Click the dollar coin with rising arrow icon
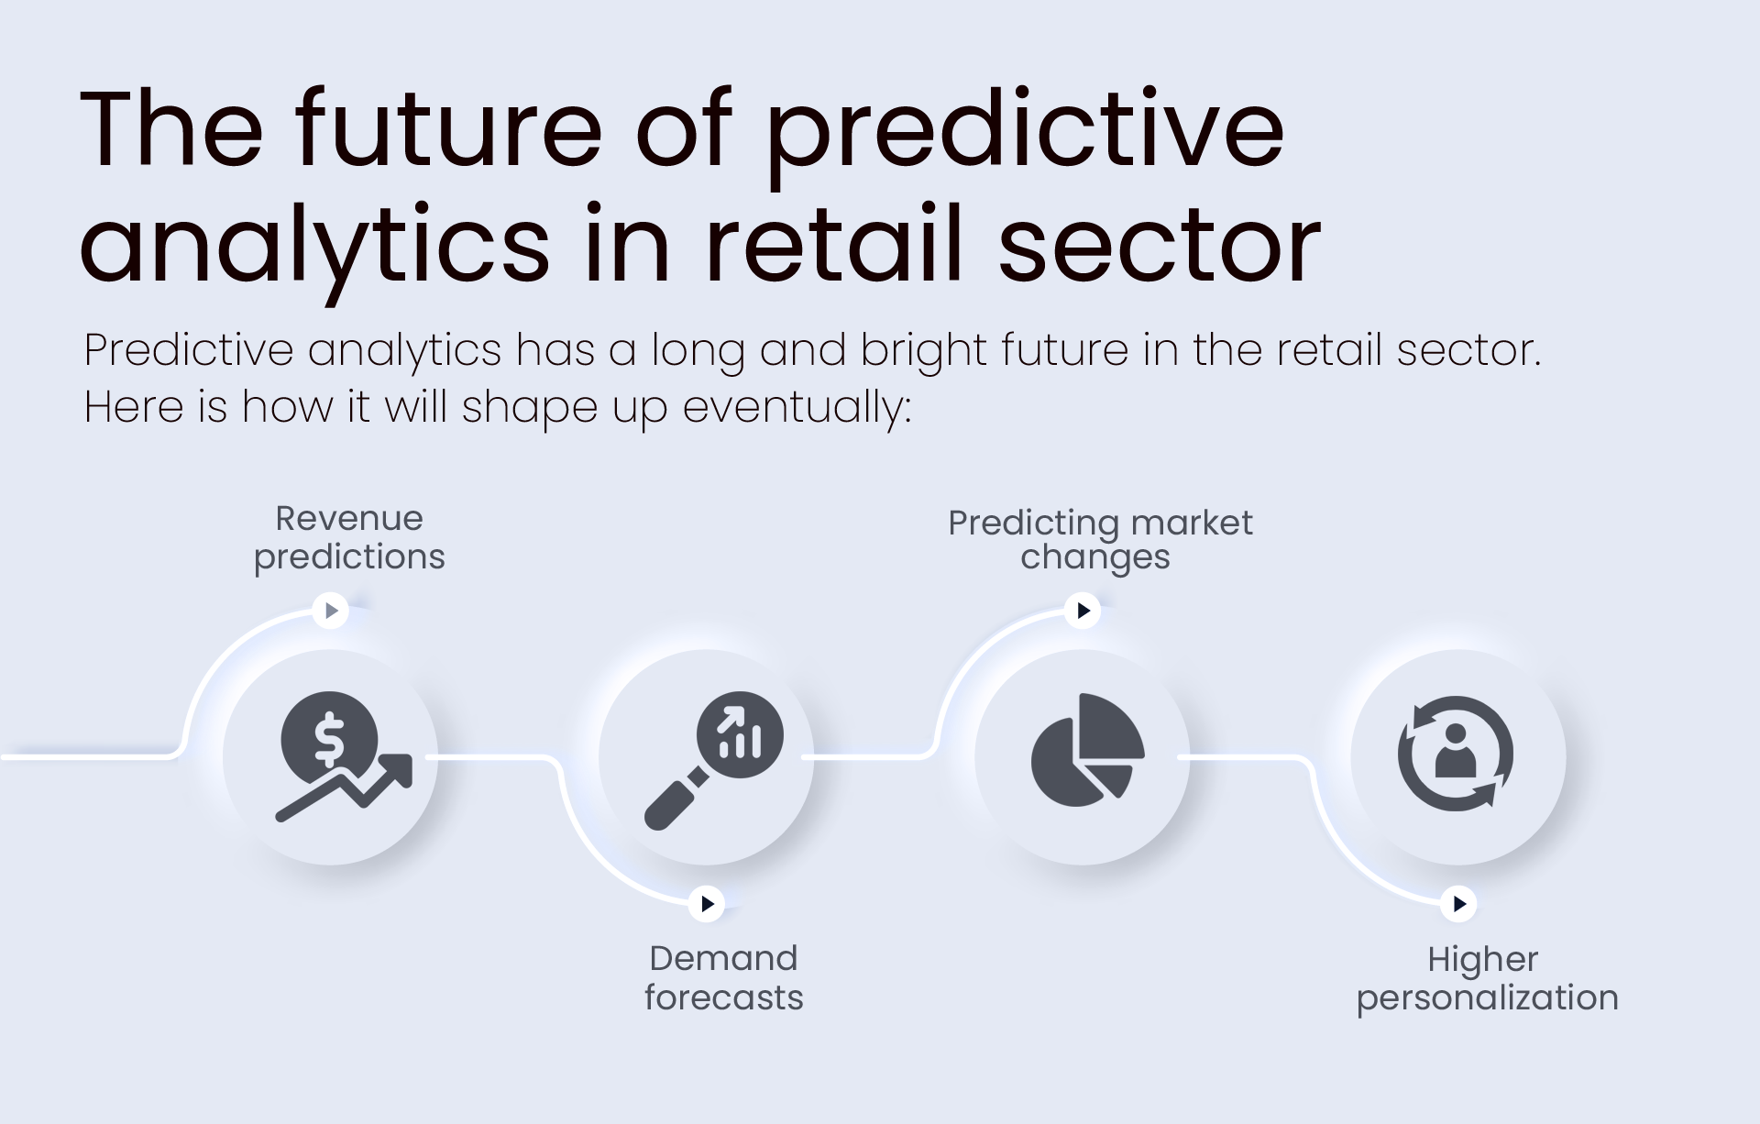pos(344,756)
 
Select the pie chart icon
pos(1088,751)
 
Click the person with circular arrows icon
pos(1456,754)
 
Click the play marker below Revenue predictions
pos(331,610)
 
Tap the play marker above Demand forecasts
pos(707,904)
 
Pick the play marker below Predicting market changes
pos(1083,610)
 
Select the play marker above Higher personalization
pos(1458,904)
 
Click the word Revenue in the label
pos(349,519)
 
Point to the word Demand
pos(723,958)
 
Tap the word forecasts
pos(723,997)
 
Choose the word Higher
pos(1482,960)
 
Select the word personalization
pos(1487,998)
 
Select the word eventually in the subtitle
pos(797,407)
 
